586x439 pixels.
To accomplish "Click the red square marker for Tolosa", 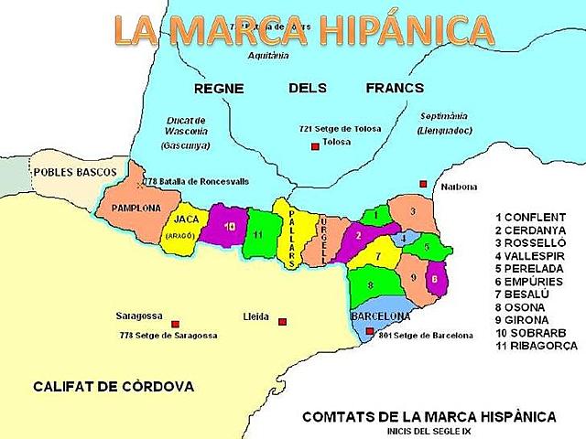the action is pyautogui.click(x=314, y=146).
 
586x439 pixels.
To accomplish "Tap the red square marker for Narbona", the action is pyautogui.click(x=423, y=184).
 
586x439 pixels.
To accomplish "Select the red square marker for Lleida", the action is pyautogui.click(x=283, y=321).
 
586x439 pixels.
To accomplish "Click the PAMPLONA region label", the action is pyautogui.click(x=136, y=208).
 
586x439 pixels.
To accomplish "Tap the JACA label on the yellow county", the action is pyautogui.click(x=186, y=220).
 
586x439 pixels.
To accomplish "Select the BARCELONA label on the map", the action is pyautogui.click(x=380, y=316).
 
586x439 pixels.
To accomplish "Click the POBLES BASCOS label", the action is pyautogui.click(x=74, y=172).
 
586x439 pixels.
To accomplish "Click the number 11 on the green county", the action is pyautogui.click(x=259, y=235).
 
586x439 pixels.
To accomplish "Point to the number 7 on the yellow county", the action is pyautogui.click(x=376, y=258).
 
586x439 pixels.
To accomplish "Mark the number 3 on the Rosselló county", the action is pyautogui.click(x=413, y=211).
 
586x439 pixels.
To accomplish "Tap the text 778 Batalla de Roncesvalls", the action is pyautogui.click(x=196, y=182).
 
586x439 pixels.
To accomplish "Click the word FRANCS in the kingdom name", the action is pyautogui.click(x=395, y=89).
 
